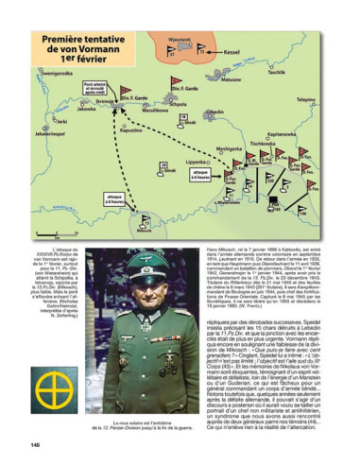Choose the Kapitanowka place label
point(283,134)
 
